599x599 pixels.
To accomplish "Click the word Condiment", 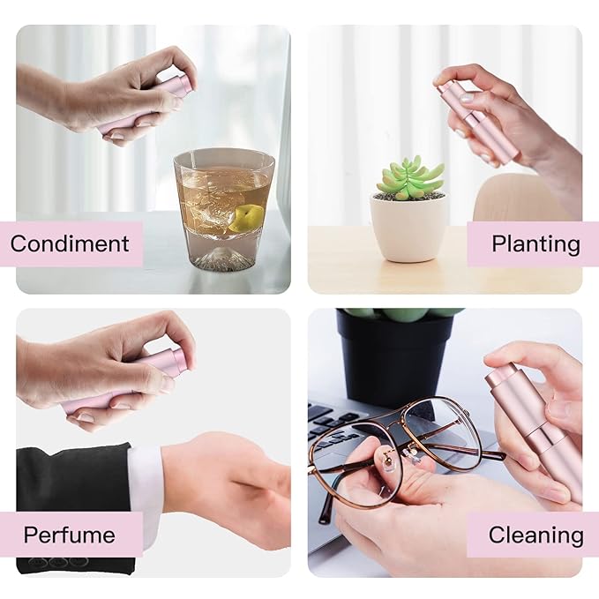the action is point(70,243).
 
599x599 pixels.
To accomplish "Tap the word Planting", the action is point(535,244).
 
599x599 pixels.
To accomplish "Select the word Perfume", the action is point(69,535).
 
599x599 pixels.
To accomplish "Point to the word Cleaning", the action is point(535,535).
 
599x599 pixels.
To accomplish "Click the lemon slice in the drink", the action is point(246,217).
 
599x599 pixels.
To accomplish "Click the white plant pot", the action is point(408,228).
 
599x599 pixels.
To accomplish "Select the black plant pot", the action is point(393,359).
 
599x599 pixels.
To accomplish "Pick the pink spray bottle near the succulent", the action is point(477,119).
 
